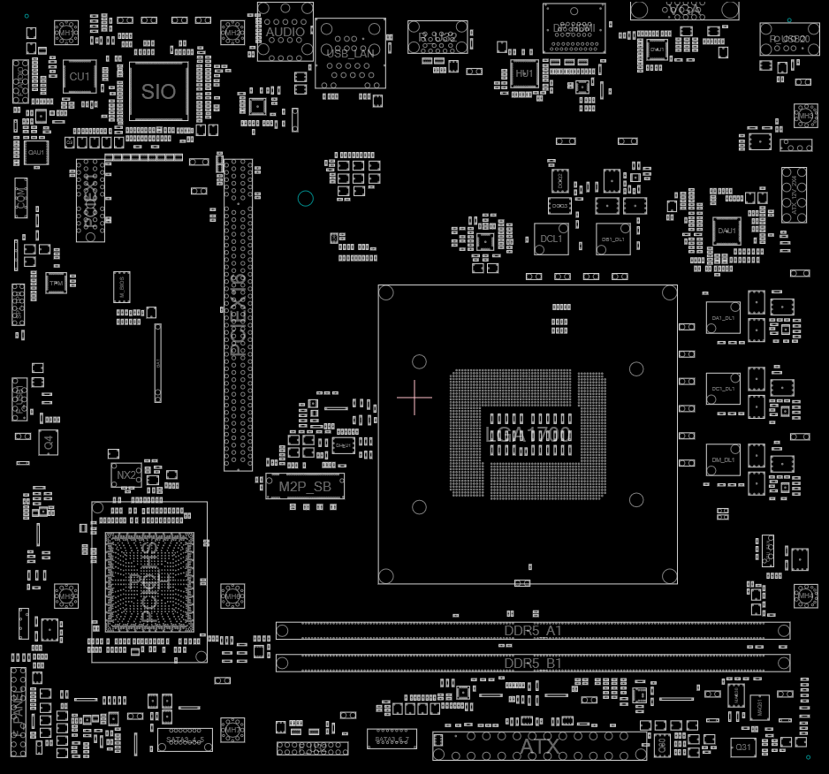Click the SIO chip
[159, 91]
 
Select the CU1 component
[80, 77]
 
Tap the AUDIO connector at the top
[285, 32]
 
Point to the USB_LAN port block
[351, 53]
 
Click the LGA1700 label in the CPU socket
[529, 435]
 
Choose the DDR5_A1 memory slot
[533, 631]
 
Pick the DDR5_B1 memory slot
[533, 663]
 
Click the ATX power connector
[539, 747]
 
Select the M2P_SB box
[305, 486]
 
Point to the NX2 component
[126, 475]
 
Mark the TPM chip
[56, 283]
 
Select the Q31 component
[743, 747]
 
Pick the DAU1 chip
[727, 231]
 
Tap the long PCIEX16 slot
[237, 315]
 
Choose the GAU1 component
[36, 153]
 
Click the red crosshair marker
[414, 398]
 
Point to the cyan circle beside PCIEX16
[306, 198]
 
